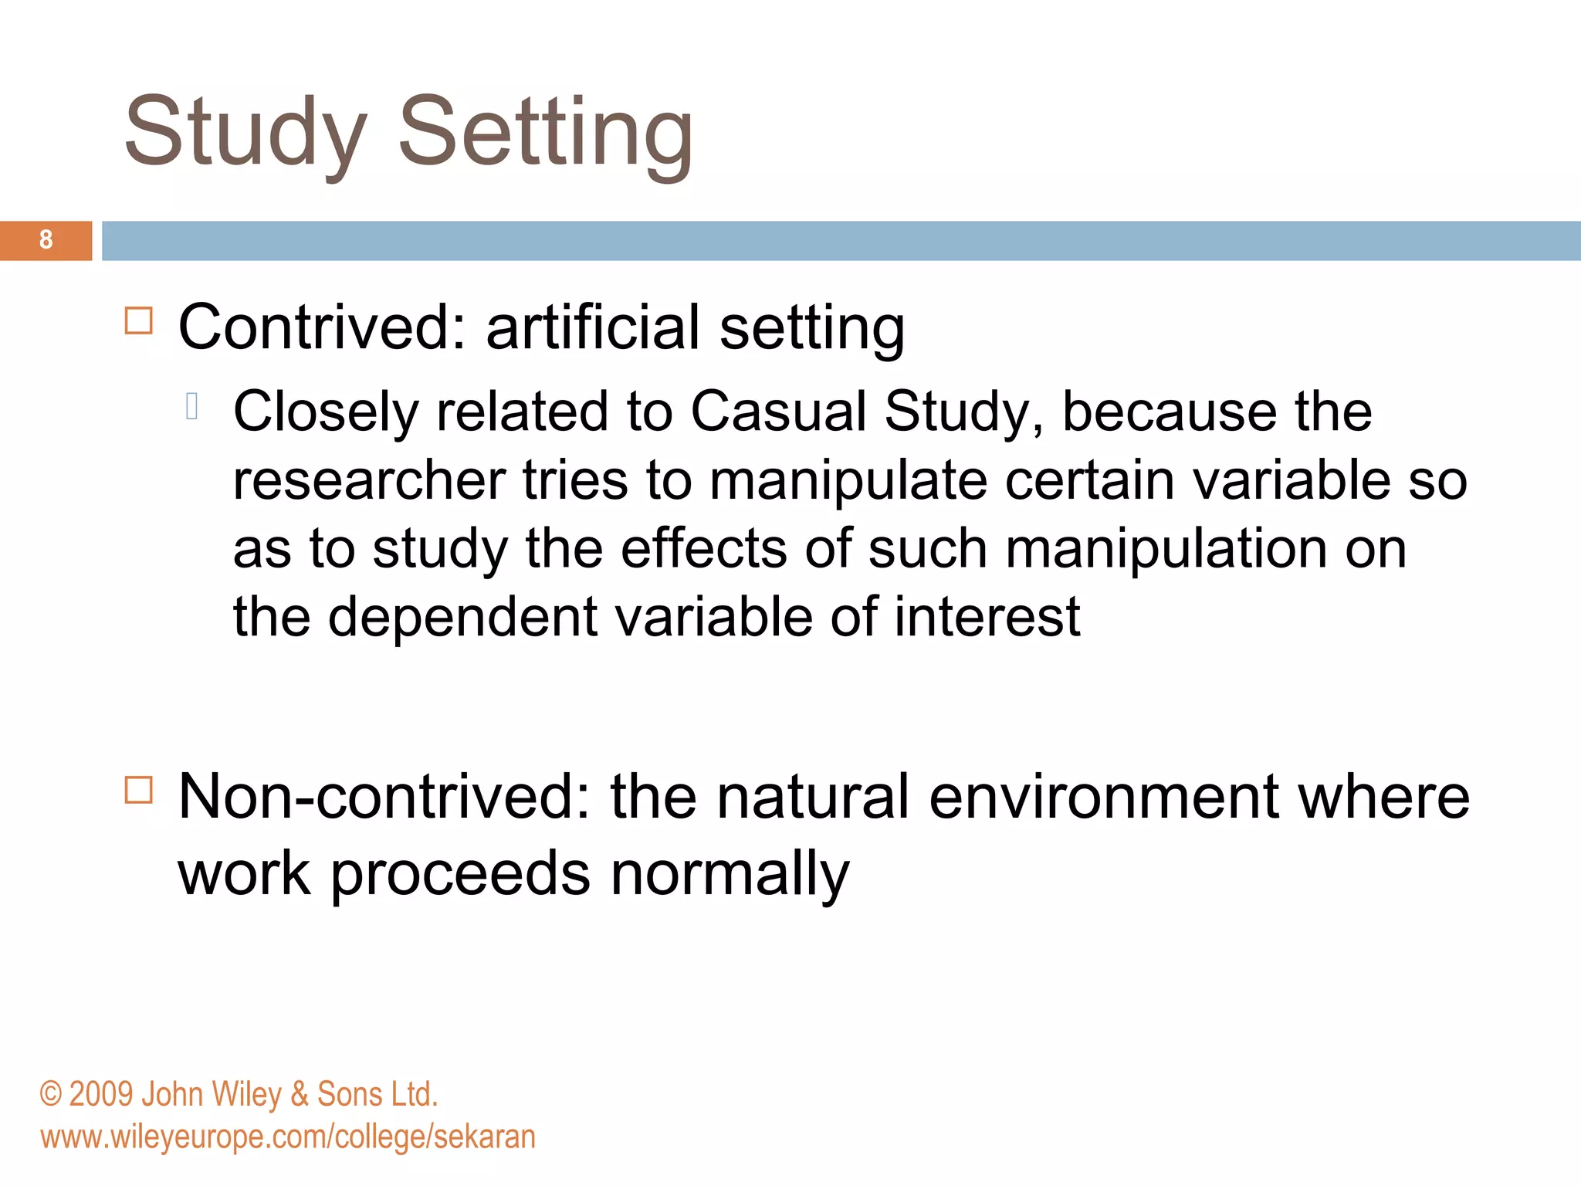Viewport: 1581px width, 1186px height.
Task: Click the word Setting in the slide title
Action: tap(546, 133)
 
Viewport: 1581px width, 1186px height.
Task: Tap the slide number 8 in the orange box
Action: tap(46, 240)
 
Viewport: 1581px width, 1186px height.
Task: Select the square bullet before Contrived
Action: tap(139, 320)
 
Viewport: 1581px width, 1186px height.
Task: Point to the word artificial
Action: tap(593, 327)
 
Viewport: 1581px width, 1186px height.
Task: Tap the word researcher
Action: tap(370, 480)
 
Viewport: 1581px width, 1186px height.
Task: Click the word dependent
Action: tap(462, 617)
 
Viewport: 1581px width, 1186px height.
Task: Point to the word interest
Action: tap(987, 617)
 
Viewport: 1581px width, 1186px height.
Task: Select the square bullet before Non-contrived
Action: tap(139, 790)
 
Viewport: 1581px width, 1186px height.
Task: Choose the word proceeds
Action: tap(461, 875)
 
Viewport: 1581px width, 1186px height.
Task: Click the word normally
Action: tap(730, 875)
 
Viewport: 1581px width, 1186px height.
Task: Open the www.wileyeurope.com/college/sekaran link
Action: tap(288, 1137)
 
